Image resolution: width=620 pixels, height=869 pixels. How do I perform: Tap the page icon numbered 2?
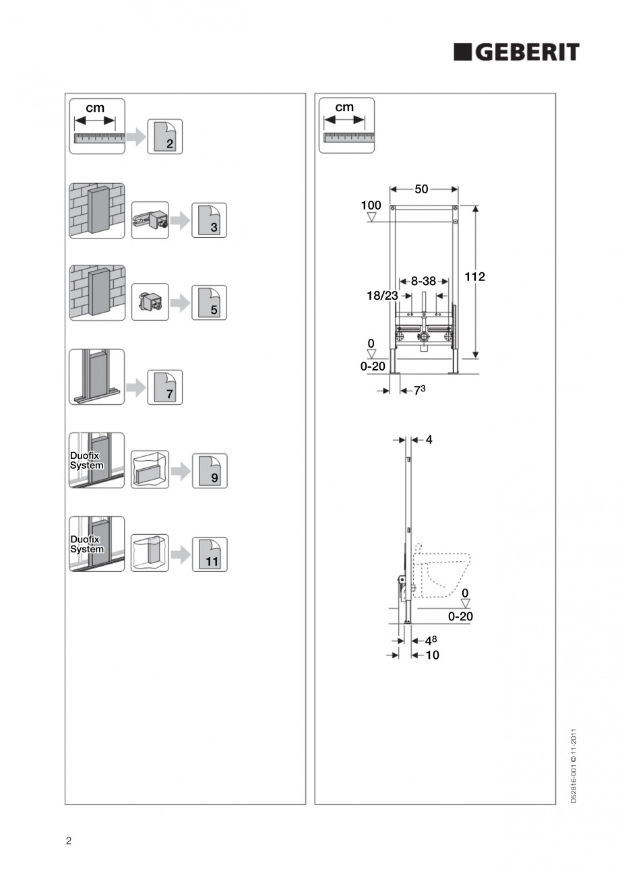165,137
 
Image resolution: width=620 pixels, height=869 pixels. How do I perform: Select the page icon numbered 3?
209,220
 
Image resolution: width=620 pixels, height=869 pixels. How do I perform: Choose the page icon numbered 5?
209,303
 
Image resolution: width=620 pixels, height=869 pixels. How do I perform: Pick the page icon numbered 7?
165,387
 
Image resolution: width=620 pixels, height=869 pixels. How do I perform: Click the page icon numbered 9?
209,471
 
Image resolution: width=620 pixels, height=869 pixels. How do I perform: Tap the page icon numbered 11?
209,554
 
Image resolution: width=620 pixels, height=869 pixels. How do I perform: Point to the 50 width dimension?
421,190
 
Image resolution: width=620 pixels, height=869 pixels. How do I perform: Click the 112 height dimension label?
475,276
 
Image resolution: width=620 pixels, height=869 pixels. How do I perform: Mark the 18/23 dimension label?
383,296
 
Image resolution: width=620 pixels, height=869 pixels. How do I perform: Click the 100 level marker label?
371,205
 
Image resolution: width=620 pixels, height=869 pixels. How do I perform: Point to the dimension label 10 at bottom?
432,655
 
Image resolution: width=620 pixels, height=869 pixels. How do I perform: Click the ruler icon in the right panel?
344,125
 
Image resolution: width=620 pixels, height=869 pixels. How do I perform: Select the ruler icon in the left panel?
97,126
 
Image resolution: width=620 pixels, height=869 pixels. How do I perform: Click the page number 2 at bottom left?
68,840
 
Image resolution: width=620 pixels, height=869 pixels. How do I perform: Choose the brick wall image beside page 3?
97,210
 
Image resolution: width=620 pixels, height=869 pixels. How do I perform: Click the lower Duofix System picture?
97,544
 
